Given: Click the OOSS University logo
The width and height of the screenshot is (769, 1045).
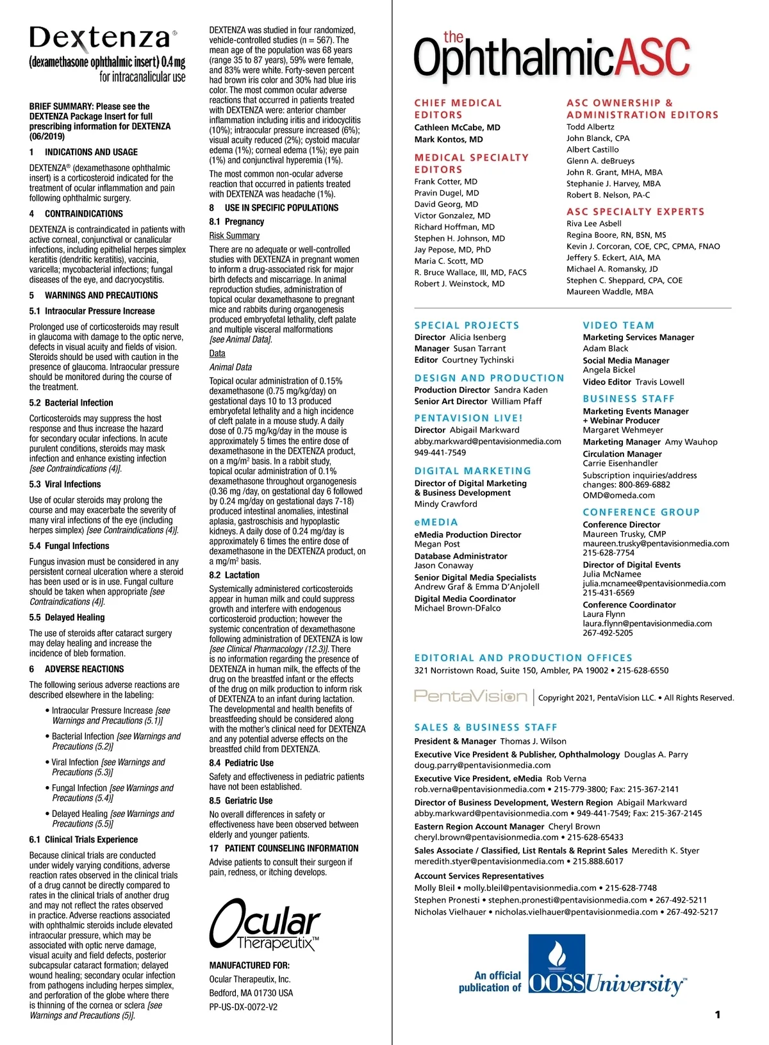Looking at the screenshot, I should point(606,967).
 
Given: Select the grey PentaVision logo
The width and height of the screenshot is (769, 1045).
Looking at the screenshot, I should point(470,696).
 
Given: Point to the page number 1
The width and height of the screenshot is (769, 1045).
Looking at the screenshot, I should point(717,1014).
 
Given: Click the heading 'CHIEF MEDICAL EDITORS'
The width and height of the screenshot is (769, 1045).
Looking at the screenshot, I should point(458,108).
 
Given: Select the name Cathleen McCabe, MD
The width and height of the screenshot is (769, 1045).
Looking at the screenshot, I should point(457,128).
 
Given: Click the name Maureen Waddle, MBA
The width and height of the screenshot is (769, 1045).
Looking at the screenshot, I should point(609,292).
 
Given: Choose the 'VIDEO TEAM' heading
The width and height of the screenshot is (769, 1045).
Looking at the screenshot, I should point(618,325).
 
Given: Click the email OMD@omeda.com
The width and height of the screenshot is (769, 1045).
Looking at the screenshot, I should point(618,495).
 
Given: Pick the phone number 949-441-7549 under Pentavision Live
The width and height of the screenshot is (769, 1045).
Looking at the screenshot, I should point(440,452).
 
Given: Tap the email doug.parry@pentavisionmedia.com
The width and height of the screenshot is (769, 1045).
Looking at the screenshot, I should point(482,765).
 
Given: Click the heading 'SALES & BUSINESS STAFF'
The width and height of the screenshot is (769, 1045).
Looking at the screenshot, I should point(486,727).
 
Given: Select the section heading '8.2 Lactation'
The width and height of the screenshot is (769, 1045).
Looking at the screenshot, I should point(234,575).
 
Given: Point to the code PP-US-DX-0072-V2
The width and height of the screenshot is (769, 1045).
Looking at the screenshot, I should point(243,1007).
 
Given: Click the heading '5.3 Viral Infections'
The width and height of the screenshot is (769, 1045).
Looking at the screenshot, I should point(65,484).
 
